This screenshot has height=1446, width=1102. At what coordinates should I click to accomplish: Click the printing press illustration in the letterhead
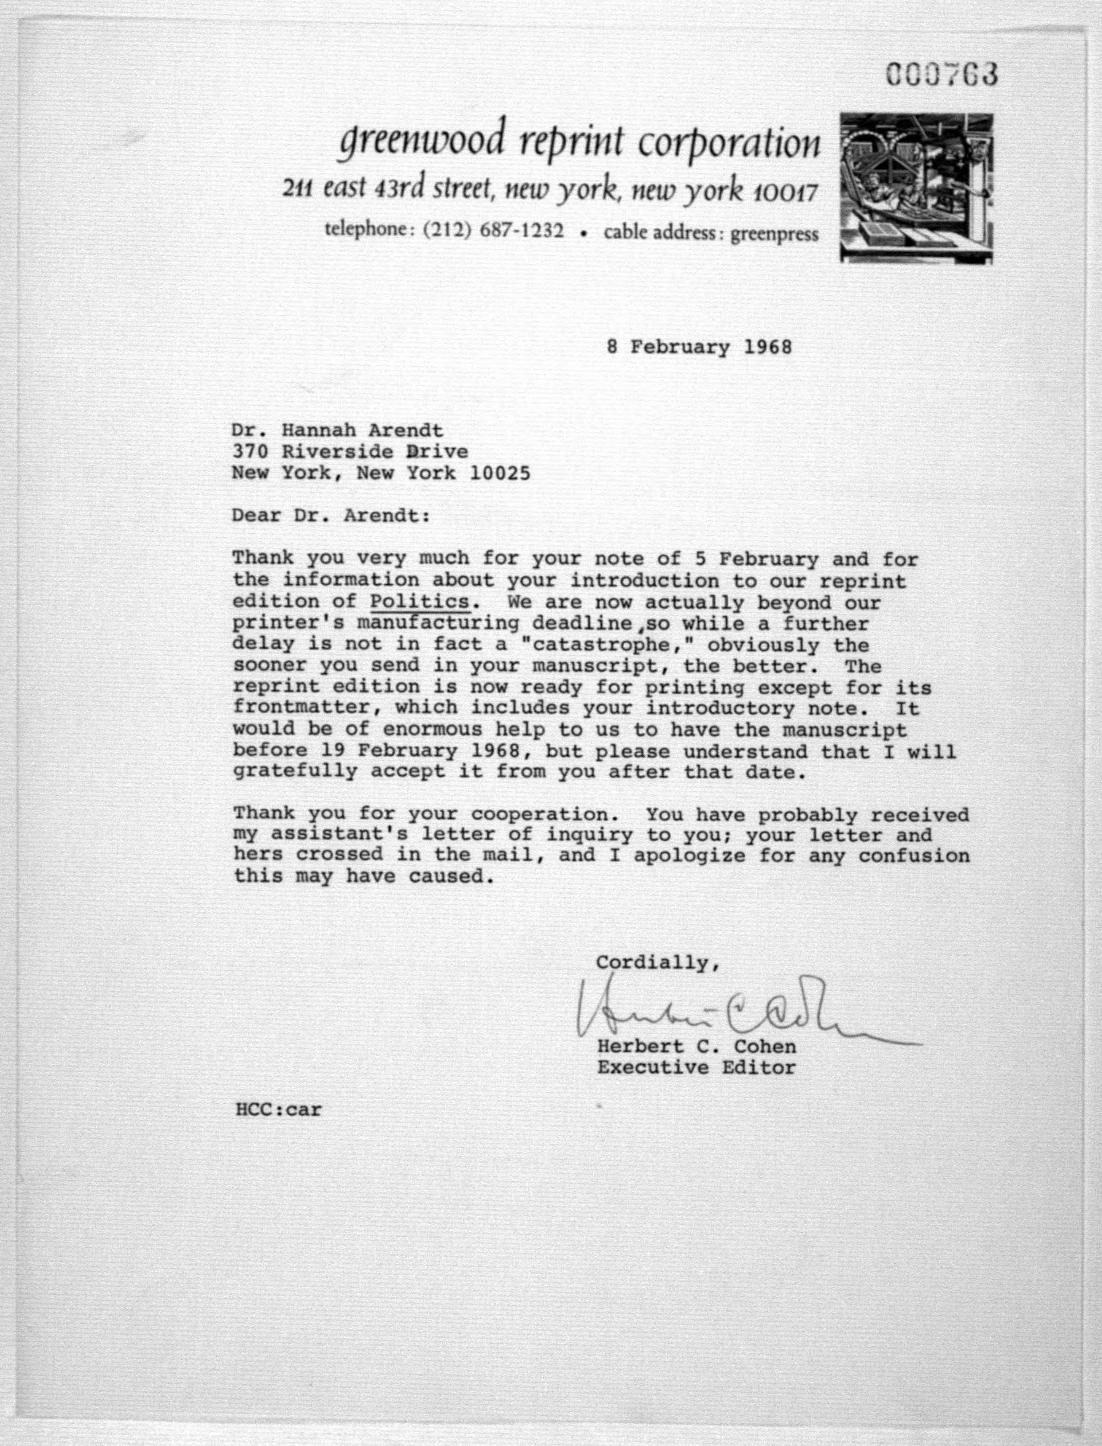click(916, 188)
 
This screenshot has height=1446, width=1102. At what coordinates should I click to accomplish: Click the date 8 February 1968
click(699, 347)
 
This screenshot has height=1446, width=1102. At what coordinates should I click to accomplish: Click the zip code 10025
click(500, 473)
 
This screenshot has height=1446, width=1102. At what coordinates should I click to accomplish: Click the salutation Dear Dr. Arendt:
click(331, 515)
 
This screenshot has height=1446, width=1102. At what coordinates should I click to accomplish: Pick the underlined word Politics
click(420, 601)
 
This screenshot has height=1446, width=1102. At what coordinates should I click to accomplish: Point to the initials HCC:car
click(278, 1110)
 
